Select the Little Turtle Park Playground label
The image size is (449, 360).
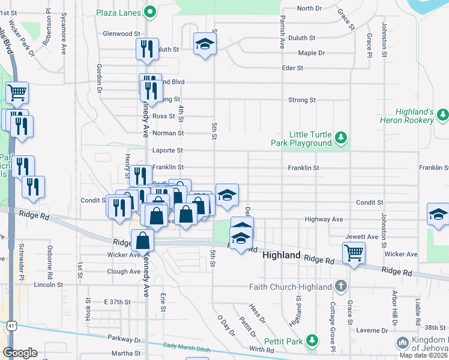(310, 139)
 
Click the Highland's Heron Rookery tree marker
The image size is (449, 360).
(442, 114)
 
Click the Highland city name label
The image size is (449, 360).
(282, 256)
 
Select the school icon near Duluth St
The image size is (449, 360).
(205, 43)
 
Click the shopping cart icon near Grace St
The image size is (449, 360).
(354, 252)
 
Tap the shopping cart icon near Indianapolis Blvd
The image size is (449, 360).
(17, 92)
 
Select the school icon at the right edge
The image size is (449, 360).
(438, 214)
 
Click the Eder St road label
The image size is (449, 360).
(292, 68)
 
